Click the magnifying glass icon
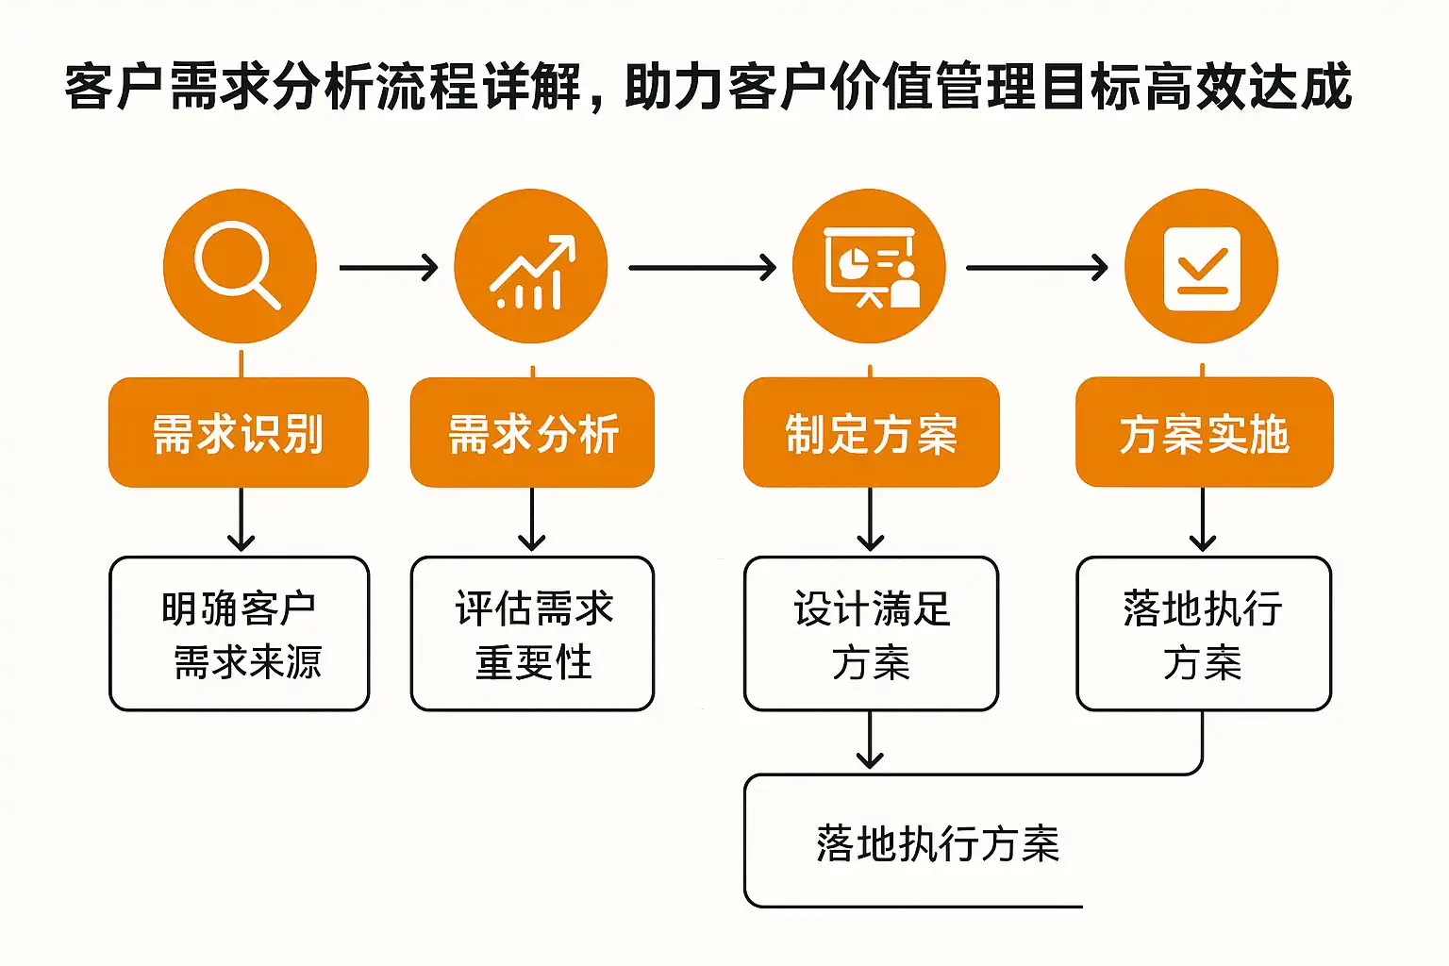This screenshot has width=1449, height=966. tap(239, 266)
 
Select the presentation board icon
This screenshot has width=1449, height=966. tap(869, 266)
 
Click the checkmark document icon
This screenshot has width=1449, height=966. tap(1202, 267)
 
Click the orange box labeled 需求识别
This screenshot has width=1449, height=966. tap(239, 433)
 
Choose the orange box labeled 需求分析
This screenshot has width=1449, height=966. tap(532, 433)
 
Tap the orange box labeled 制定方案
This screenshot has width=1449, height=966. tap(871, 433)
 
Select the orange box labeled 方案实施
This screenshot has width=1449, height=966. tap(1204, 433)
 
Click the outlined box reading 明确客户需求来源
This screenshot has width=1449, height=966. tap(240, 634)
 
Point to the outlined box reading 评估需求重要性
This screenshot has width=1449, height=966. tap(532, 634)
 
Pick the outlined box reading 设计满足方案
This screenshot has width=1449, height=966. tap(871, 634)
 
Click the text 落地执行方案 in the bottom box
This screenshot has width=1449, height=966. tap(938, 843)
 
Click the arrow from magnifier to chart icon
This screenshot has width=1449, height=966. tap(388, 268)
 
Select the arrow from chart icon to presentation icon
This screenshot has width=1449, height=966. tap(702, 268)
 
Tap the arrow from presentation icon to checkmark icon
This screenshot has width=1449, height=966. tap(1036, 268)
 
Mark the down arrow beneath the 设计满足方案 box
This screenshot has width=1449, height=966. tap(870, 741)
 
